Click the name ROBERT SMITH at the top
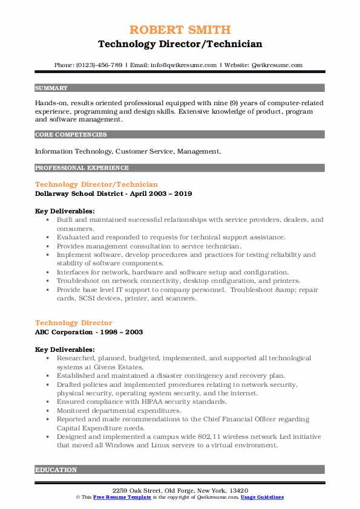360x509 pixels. coord(180,30)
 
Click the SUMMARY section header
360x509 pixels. coord(51,88)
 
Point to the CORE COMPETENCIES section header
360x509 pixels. coord(71,135)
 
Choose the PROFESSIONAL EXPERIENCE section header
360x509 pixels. coord(82,167)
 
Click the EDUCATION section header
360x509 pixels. coord(56,469)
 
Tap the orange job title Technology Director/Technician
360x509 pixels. coord(96,184)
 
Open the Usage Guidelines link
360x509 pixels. coord(263,497)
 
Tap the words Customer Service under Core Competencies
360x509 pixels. coord(134,151)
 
